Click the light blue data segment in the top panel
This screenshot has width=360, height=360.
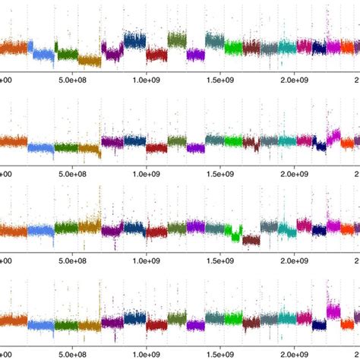(43, 53)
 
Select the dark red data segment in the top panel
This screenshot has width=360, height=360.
(156, 54)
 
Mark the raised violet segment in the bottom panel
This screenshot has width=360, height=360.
(333, 311)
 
